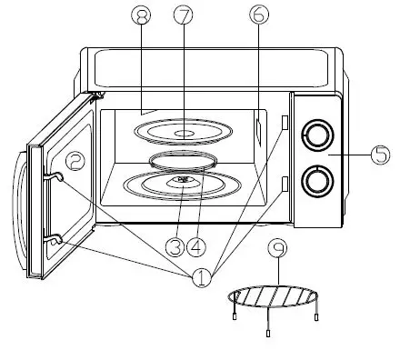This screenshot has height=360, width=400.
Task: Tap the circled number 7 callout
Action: coord(185,15)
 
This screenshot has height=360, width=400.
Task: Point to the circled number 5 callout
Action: coord(380,155)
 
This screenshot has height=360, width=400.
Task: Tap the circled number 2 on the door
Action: coord(76,161)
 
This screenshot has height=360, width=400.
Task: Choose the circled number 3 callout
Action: coord(175,245)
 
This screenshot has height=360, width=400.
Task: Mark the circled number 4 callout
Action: coord(197,245)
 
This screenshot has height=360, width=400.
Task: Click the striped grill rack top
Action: coord(275,297)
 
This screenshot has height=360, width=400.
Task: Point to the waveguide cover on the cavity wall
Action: coord(260,131)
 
